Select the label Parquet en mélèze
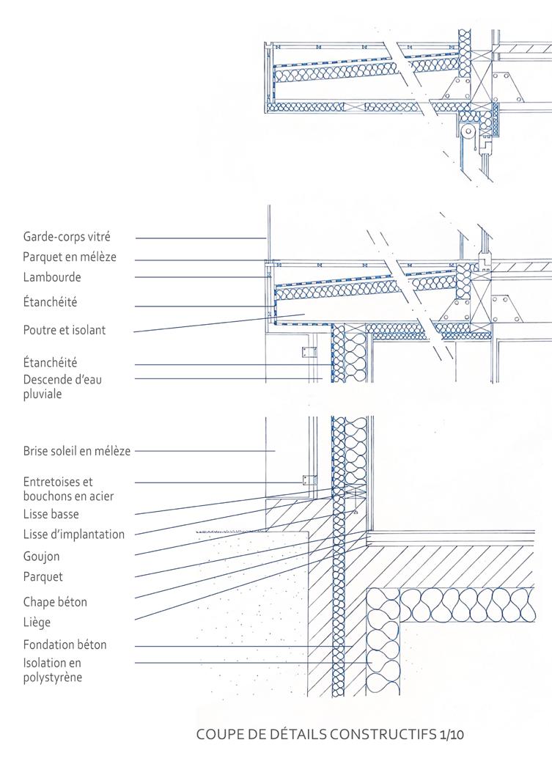pyautogui.click(x=70, y=257)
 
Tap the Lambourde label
pyautogui.click(x=52, y=277)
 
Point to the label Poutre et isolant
pyautogui.click(x=65, y=330)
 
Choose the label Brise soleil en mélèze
pyautogui.click(x=76, y=451)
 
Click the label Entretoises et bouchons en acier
pyautogui.click(x=67, y=489)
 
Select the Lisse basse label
pyautogui.click(x=51, y=514)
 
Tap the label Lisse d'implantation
pyautogui.click(x=73, y=535)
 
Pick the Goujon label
pyautogui.click(x=41, y=557)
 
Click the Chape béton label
pyautogui.click(x=55, y=602)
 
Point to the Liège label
pyautogui.click(x=37, y=623)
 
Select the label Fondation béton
pyautogui.click(x=65, y=645)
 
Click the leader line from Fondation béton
pyautogui.click(x=242, y=646)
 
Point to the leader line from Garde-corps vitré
pyautogui.click(x=198, y=238)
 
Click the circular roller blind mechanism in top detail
pyautogui.click(x=466, y=131)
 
